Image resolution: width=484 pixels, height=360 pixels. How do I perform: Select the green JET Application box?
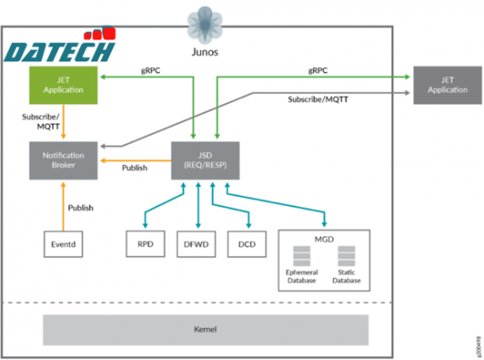(65, 85)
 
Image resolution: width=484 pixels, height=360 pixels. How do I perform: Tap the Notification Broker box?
(65, 160)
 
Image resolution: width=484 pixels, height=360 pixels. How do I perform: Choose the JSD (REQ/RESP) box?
(199, 160)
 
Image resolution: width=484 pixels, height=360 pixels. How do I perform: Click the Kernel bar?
(205, 329)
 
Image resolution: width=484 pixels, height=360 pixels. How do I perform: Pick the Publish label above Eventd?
(81, 207)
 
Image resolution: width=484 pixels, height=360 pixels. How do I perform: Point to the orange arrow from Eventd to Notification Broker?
(64, 206)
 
